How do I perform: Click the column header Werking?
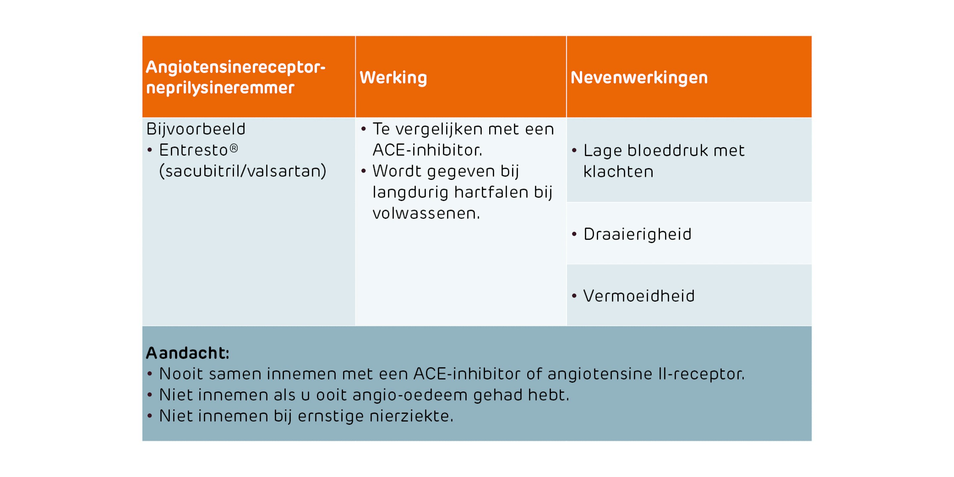coord(393,78)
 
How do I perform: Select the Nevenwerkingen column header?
coord(639,78)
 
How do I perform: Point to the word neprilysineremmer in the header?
coord(220,88)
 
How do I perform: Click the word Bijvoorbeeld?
coord(196,129)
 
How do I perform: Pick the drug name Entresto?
coord(193,150)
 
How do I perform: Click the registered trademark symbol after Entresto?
coord(234,148)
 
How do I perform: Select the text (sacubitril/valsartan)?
coord(243,171)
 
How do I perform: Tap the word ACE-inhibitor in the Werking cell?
coord(427,150)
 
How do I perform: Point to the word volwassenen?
coord(426,214)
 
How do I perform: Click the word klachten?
coord(618,172)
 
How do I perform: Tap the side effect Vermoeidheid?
coord(639,296)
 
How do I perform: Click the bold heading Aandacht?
coord(187,353)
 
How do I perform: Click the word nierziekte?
coord(411,416)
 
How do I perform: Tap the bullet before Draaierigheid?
coord(574,234)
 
